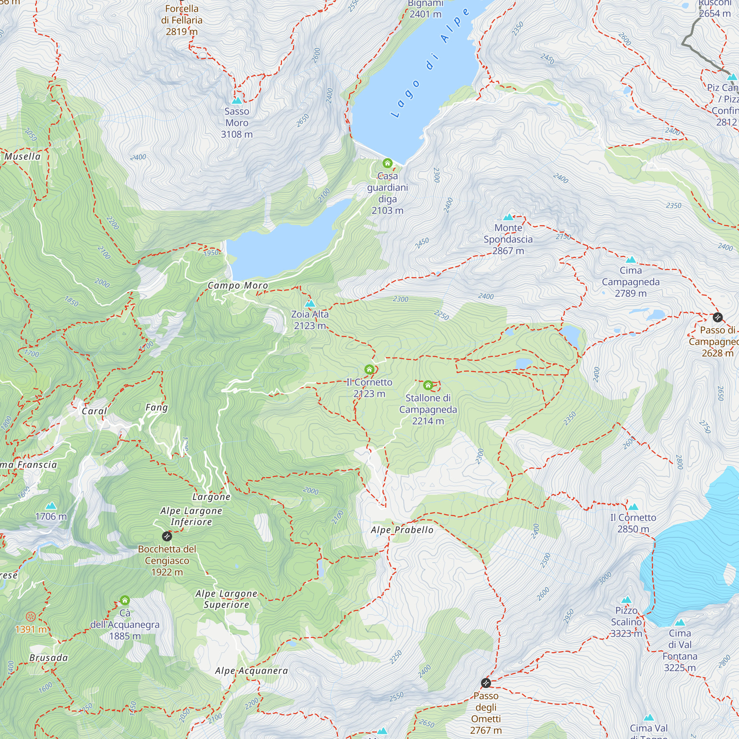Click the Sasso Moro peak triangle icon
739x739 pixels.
237,101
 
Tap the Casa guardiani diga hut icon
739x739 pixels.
388,163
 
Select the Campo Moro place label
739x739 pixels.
238,285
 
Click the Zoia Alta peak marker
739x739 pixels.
310,304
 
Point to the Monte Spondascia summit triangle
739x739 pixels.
508,217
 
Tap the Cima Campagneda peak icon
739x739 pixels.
631,260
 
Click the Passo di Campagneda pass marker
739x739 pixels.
718,317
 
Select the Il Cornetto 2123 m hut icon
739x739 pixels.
369,369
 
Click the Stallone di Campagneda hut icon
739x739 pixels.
428,385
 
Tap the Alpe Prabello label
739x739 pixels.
402,530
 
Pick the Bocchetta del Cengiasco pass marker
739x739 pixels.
167,536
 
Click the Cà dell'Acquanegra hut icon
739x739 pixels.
125,600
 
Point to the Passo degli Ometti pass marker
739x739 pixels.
486,683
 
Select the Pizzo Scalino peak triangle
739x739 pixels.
626,599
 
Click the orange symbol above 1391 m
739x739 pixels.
31,617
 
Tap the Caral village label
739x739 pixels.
94,411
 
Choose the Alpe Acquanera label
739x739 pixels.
251,671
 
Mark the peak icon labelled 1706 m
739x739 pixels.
51,506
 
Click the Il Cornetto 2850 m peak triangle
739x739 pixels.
633,507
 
